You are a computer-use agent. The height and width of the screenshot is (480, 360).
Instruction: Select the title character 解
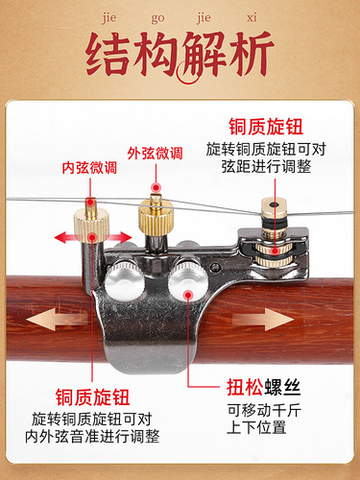click(x=216, y=54)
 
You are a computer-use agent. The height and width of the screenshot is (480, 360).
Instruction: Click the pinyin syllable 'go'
click(x=160, y=15)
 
